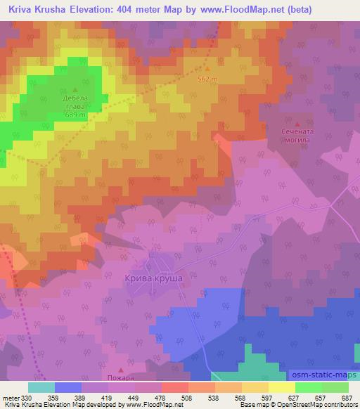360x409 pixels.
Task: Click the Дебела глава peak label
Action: [x=75, y=102]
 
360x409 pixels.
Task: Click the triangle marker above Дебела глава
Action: [x=75, y=89]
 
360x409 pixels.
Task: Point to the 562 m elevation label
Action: [x=207, y=79]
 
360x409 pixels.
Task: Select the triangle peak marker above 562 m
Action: [x=207, y=69]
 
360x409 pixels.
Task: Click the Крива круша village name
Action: [x=159, y=279]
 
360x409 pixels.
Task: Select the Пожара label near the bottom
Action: [x=120, y=379]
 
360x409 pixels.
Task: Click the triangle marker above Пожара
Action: [x=120, y=370]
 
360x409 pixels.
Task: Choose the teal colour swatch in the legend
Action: [x=41, y=387]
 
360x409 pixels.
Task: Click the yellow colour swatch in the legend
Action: [x=282, y=387]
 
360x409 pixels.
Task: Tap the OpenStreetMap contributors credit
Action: [x=316, y=405]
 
